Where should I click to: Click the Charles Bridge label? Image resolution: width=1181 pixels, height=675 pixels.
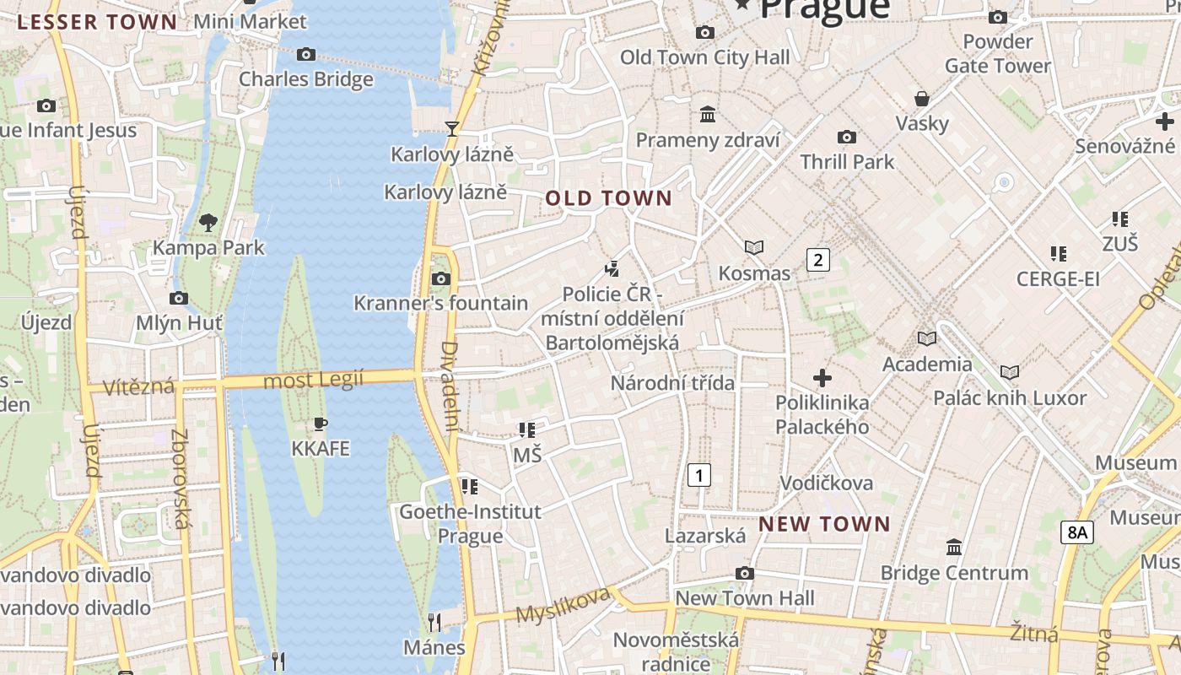(305, 79)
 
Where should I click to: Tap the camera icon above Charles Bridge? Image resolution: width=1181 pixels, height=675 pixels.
(306, 55)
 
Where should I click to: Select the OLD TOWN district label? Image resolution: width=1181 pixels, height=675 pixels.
(608, 199)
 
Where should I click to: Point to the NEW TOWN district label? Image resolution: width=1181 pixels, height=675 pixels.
(824, 524)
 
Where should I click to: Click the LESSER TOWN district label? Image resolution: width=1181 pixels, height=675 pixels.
(97, 22)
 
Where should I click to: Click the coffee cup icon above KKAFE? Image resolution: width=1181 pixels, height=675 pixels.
(320, 424)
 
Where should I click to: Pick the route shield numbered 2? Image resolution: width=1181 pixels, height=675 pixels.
(817, 259)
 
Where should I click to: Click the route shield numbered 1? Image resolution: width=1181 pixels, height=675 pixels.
(699, 475)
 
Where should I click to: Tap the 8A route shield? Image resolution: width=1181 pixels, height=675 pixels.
(1077, 532)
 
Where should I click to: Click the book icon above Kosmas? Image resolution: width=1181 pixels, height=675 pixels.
(754, 247)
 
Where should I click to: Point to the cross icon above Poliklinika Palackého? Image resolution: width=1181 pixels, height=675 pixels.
(822, 378)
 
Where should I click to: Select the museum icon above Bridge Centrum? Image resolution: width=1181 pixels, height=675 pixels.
(954, 548)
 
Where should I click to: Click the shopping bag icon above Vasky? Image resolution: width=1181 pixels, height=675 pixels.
(922, 99)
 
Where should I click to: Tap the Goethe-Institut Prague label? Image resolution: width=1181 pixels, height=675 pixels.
(470, 523)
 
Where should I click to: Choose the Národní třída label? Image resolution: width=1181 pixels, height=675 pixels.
(672, 383)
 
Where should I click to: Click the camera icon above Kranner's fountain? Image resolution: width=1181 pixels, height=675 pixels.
(440, 278)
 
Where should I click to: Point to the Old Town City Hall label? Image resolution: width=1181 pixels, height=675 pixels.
(705, 57)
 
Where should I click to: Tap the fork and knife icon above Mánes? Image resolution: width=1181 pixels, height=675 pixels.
(434, 623)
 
